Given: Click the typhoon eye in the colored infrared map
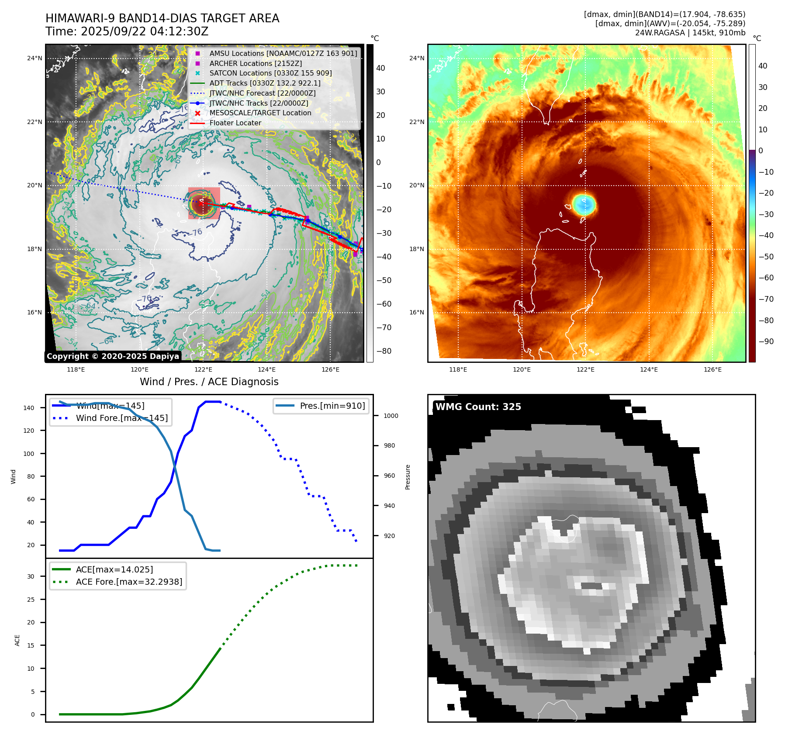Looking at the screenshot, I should [x=584, y=204].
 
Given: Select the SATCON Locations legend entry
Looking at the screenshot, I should [x=270, y=73].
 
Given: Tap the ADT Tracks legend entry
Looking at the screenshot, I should [x=265, y=83].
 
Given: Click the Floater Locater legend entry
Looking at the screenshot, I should [x=235, y=123].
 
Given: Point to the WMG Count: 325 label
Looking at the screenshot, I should [x=478, y=407].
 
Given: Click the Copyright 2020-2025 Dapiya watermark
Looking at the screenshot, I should [x=113, y=356].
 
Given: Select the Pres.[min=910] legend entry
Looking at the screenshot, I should [x=332, y=406].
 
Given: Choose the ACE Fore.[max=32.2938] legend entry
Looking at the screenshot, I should [x=129, y=582].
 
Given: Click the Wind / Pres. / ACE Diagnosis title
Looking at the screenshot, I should [x=209, y=382].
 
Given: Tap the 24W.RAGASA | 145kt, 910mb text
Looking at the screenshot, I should [x=690, y=33].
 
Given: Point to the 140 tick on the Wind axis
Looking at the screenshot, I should [x=29, y=408].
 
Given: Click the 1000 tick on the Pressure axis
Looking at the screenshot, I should [x=391, y=416].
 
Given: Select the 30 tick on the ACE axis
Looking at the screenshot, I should [x=31, y=576].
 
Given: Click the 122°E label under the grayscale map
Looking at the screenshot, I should [x=203, y=369].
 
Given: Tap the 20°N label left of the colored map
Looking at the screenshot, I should [x=417, y=185].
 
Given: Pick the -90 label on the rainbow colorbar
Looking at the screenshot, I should [x=766, y=341].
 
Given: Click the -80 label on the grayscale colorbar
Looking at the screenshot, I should [x=384, y=351].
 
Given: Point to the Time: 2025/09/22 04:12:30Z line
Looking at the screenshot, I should [x=127, y=32].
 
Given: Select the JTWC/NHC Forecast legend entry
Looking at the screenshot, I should [x=262, y=93].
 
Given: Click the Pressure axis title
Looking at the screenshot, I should [x=408, y=477].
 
